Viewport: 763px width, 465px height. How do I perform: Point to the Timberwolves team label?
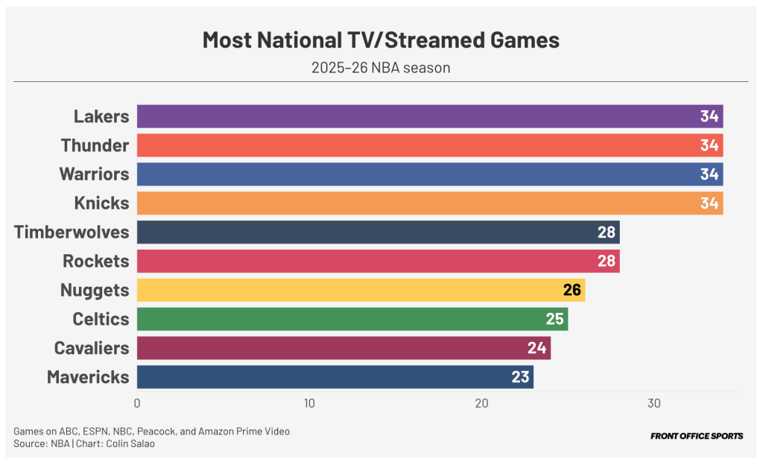pos(72,232)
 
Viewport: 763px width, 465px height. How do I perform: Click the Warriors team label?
pos(95,174)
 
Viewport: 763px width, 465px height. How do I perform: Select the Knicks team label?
pos(101,203)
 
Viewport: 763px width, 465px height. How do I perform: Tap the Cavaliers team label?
pos(92,348)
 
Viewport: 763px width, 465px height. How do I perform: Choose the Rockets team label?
pos(96,261)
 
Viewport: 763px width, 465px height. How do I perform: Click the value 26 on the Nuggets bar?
pos(572,290)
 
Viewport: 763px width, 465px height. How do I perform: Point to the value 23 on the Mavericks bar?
pos(520,377)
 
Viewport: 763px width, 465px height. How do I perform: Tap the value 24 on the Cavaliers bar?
pos(537,348)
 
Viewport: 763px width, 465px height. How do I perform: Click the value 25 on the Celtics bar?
pos(554,319)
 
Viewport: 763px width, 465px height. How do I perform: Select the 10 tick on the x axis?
pos(309,403)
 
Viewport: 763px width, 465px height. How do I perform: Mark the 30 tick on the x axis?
pos(653,403)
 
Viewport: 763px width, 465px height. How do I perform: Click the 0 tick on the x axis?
pos(137,403)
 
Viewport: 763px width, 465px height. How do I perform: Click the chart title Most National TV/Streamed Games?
pos(381,40)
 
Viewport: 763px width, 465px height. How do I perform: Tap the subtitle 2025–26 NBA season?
pos(381,68)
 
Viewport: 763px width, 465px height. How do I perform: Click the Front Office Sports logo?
pos(697,436)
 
